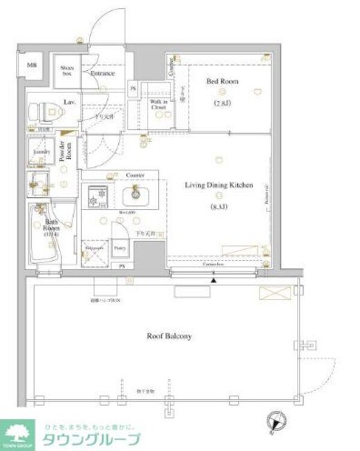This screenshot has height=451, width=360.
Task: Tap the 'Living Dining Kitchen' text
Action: (x=218, y=186)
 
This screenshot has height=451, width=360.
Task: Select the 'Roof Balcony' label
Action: (x=170, y=336)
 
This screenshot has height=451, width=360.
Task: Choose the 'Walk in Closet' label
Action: (x=159, y=108)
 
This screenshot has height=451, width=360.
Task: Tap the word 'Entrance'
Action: (x=103, y=73)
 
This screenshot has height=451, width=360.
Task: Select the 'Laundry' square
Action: (x=41, y=153)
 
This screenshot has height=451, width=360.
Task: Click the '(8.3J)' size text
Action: (x=218, y=207)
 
